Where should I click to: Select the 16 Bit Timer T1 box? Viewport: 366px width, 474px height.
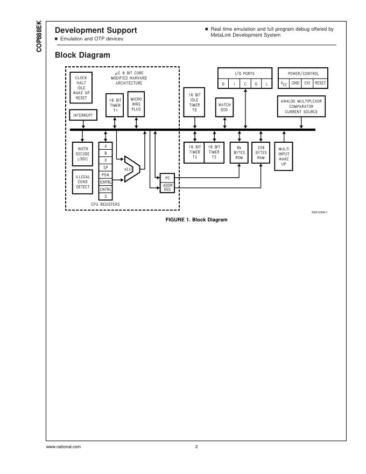[x=115, y=104]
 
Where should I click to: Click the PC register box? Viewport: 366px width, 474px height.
[x=167, y=177]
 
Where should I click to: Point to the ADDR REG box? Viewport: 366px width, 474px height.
[x=167, y=187]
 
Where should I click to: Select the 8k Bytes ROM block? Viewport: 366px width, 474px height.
[x=238, y=152]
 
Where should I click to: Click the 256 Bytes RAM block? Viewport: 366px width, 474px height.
[x=261, y=152]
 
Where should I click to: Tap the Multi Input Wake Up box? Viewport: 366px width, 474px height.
[x=284, y=156]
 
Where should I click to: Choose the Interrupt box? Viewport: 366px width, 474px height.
[x=82, y=115]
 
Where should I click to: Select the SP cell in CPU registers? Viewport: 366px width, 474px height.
[x=105, y=167]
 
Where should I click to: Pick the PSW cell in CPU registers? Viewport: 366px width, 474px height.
[x=105, y=175]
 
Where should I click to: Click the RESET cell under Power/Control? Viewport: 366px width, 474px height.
[x=320, y=83]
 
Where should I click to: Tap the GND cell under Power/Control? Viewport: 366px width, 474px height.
[x=295, y=83]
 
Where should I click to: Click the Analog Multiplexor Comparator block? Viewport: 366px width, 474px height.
[x=300, y=106]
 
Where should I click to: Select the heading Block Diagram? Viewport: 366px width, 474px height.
[x=82, y=55]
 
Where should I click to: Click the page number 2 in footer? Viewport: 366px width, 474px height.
[x=196, y=447]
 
